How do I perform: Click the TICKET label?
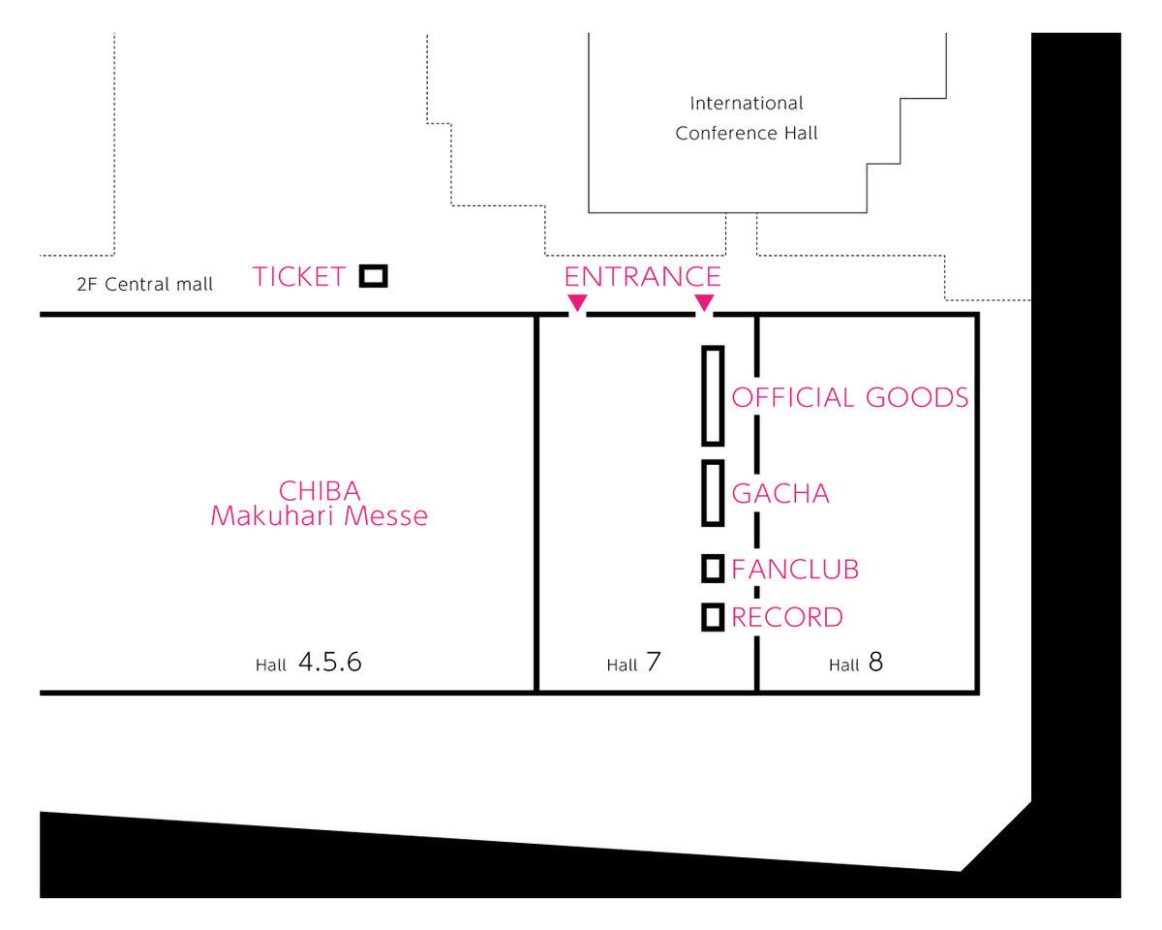click(x=298, y=277)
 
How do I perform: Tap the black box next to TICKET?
click(x=373, y=267)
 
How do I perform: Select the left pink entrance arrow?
click(x=577, y=302)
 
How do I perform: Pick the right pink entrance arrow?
click(x=704, y=302)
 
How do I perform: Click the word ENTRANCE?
click(x=643, y=277)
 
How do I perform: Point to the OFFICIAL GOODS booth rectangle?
click(x=703, y=396)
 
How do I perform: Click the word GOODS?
click(x=917, y=398)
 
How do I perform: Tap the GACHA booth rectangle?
click(x=703, y=493)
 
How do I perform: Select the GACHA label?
click(x=780, y=494)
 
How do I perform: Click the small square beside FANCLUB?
click(x=703, y=569)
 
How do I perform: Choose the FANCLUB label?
click(x=795, y=570)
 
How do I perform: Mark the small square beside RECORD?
click(x=703, y=617)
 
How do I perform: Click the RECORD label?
click(x=786, y=618)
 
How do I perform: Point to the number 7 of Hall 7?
click(x=654, y=662)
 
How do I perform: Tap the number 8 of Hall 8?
click(x=875, y=662)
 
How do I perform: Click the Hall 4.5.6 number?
click(x=330, y=662)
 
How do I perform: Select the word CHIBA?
click(x=320, y=491)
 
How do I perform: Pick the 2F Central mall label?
click(x=144, y=284)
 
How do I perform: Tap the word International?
click(x=747, y=104)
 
